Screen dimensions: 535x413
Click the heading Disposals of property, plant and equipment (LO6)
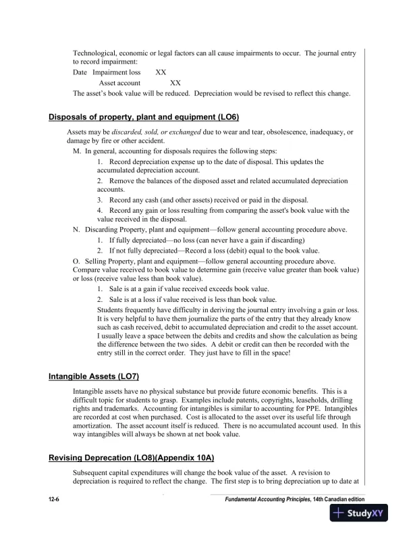point(144,117)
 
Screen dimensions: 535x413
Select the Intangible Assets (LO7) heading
point(94,376)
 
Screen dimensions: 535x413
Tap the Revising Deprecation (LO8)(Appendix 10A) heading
point(131,458)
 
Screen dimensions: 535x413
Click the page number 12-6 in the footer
point(54,499)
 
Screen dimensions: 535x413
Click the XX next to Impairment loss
point(161,72)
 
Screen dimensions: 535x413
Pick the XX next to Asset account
point(175,82)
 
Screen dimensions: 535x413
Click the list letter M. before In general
point(76,151)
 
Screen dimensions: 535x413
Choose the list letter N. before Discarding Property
point(76,230)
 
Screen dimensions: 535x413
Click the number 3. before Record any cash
point(100,200)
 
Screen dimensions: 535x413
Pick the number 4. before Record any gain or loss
point(100,210)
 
